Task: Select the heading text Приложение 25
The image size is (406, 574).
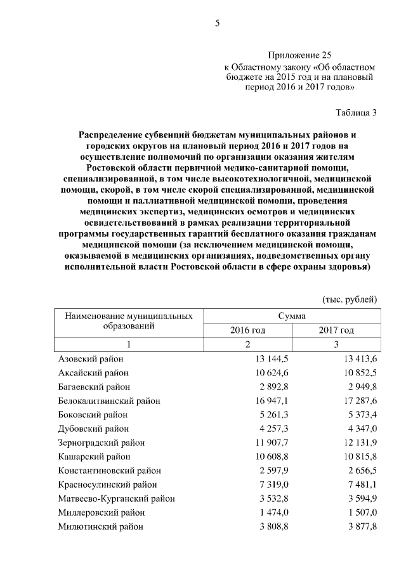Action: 300,55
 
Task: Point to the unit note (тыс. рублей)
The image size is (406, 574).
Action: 350,299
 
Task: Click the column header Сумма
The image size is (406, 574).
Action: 292,316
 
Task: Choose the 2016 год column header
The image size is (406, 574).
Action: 247,330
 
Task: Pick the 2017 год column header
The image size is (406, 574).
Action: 336,330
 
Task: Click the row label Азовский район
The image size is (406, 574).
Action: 89,359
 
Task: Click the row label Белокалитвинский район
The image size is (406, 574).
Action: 109,401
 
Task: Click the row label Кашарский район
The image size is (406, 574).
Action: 94,457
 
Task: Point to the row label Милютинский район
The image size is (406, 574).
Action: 100,526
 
